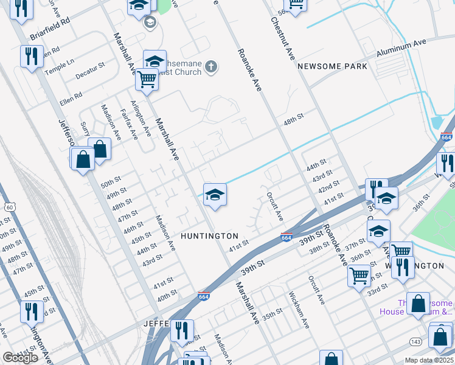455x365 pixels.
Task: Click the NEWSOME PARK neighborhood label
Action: tap(332, 66)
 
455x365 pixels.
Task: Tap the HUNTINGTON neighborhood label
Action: tap(209, 235)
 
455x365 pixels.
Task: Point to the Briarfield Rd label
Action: tap(50, 35)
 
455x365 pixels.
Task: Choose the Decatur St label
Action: tap(90, 69)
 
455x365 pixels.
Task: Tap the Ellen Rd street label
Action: tap(71, 97)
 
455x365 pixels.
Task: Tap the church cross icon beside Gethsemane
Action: tap(210, 66)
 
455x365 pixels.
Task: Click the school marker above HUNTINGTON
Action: tap(215, 195)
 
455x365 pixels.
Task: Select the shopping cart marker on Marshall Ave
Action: tap(147, 79)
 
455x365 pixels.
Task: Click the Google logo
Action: tap(19, 358)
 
